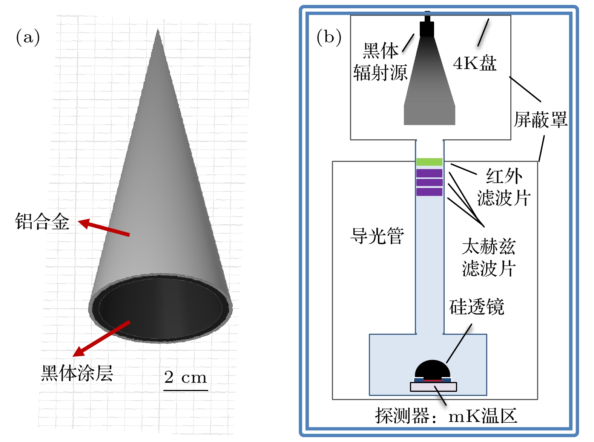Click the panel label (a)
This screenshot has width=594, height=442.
tap(28, 37)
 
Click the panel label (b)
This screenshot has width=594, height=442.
tap(329, 37)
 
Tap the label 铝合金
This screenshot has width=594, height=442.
tap(42, 222)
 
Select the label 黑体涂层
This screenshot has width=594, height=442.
tap(77, 373)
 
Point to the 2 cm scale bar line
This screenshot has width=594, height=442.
tap(186, 390)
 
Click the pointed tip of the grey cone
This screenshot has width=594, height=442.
tap(158, 29)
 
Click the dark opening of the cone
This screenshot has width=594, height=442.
tap(160, 308)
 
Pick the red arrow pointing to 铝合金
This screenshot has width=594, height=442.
tap(104, 228)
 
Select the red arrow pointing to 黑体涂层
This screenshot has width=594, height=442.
tap(101, 339)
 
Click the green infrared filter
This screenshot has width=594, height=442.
tap(429, 162)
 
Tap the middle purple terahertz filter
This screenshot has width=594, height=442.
tap(429, 182)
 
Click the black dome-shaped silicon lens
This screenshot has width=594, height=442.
tap(432, 370)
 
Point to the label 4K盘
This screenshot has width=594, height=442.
tap(475, 63)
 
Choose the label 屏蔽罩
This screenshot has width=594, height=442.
tap(540, 120)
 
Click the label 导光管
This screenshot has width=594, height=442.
tap(377, 236)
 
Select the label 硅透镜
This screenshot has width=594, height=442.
tap(477, 306)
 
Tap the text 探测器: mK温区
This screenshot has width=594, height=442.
tap(446, 416)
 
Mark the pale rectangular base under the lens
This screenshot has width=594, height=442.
tap(433, 387)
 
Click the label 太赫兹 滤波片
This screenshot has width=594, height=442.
tap(488, 257)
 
